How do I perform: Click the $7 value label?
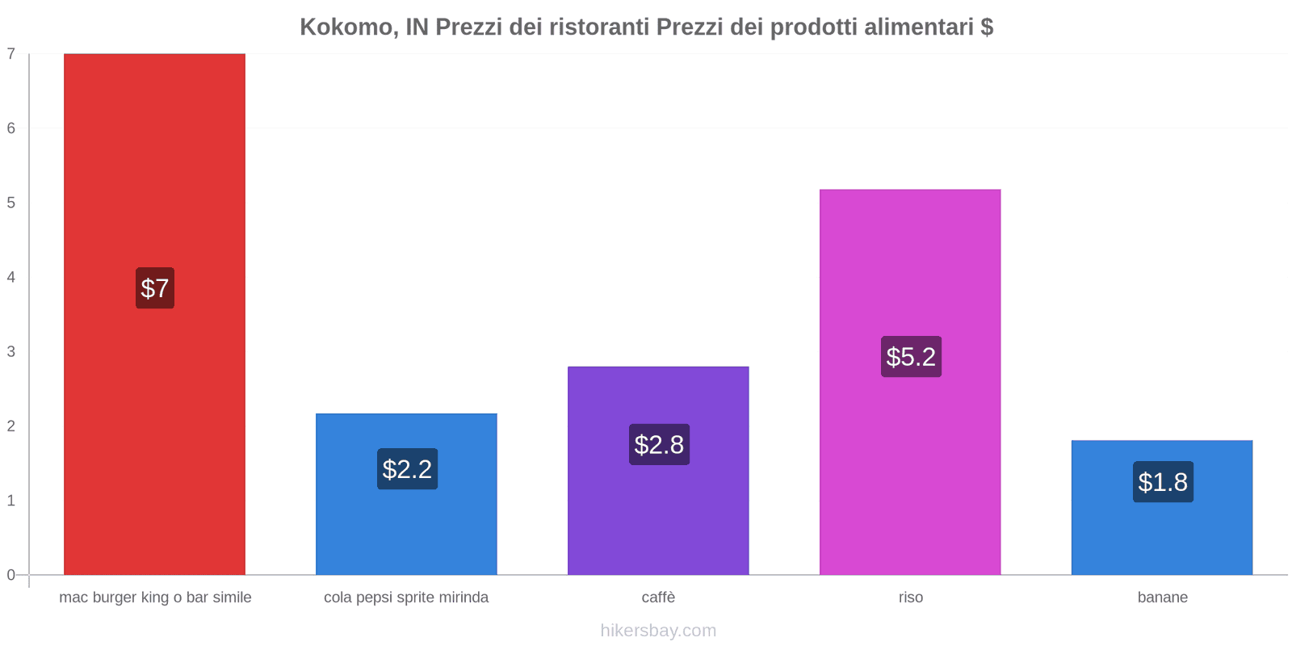155,288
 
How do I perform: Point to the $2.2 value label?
407,469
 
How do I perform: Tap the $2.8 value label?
659,445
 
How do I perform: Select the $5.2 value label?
911,357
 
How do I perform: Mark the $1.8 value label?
1163,482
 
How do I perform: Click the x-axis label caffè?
658,598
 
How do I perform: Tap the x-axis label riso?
910,598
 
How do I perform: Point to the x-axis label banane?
1162,598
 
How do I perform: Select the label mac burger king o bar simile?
155,598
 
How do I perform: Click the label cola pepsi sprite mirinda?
406,598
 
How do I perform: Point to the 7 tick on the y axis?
11,54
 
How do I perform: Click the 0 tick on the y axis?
11,575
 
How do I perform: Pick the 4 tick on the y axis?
11,278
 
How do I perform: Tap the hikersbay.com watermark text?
658,631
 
